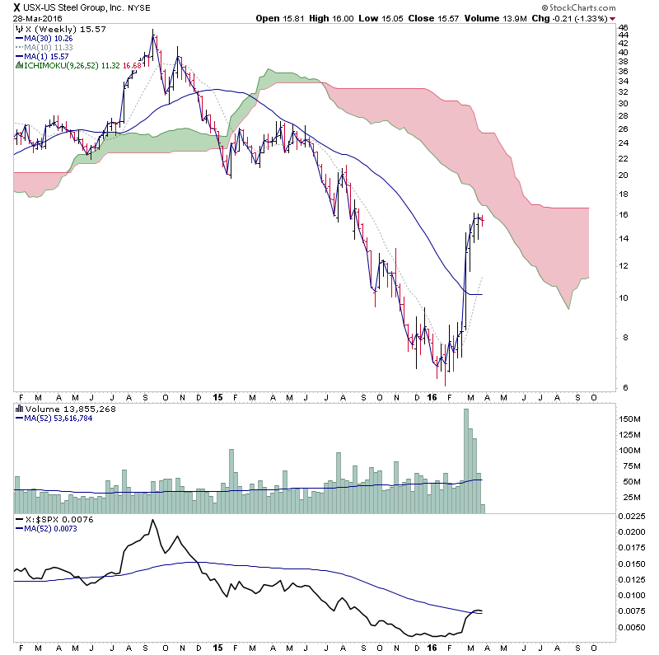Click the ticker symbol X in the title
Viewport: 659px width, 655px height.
click(x=16, y=7)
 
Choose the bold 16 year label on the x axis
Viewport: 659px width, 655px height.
click(x=433, y=397)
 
